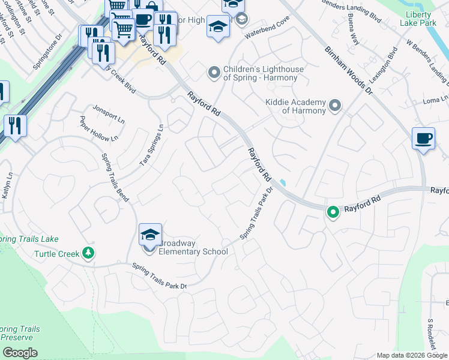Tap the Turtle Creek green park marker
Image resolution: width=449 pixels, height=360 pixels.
(89, 253)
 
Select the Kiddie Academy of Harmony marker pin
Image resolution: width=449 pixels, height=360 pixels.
(335, 106)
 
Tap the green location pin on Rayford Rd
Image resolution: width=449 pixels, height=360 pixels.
(332, 212)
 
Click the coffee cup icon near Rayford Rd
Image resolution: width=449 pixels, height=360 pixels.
(423, 139)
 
